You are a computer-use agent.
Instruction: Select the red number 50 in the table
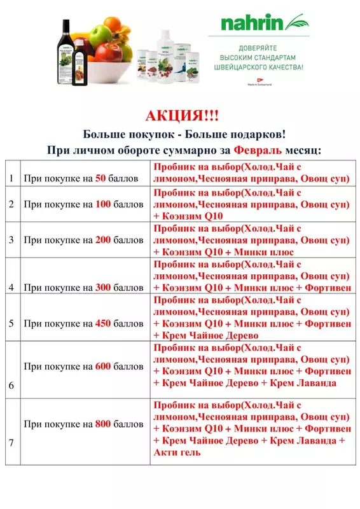(x=100, y=179)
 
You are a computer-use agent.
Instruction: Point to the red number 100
(x=103, y=205)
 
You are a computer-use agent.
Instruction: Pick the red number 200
(x=103, y=241)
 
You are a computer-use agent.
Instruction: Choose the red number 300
(x=103, y=288)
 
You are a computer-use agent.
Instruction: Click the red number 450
(x=103, y=323)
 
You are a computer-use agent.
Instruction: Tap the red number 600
(x=103, y=366)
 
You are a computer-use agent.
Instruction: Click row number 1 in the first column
(x=11, y=179)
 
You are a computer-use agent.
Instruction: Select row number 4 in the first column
(x=11, y=288)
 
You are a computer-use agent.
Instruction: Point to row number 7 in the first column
(x=11, y=452)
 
